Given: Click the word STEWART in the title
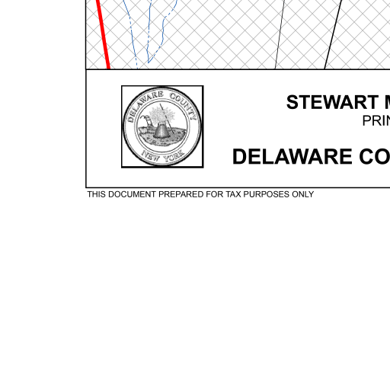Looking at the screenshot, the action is tap(332, 102).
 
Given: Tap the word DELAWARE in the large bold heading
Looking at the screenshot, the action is tap(292, 157).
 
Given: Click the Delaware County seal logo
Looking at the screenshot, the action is tap(162, 126).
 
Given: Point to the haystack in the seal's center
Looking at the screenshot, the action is tap(161, 129).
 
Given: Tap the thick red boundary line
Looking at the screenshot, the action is tap(103, 34).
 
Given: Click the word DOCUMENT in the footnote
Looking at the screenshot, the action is tap(132, 194).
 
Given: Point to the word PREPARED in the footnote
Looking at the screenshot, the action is tap(181, 194).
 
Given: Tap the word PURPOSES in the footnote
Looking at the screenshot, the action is tap(267, 194).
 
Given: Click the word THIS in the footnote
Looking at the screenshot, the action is tap(97, 194).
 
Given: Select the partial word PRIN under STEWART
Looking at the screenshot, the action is tap(376, 121).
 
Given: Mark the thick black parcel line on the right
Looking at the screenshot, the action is tap(332, 34).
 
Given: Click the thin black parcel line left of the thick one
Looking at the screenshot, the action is tap(280, 34).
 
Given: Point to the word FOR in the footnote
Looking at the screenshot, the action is tap(215, 194).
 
